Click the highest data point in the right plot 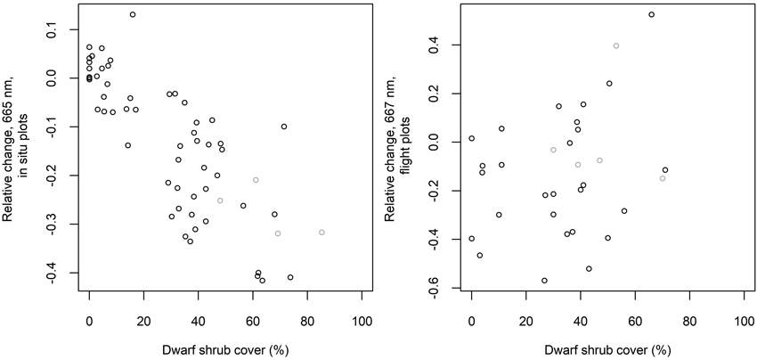pos(652,14)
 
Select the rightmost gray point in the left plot pos(322,232)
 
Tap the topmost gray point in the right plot pos(616,45)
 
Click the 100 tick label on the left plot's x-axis pos(362,320)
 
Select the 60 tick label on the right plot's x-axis pos(635,320)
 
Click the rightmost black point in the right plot pos(665,169)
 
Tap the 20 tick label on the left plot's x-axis pos(143,320)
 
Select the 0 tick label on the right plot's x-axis pos(472,320)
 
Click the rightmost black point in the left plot pos(290,277)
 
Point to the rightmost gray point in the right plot pos(663,178)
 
